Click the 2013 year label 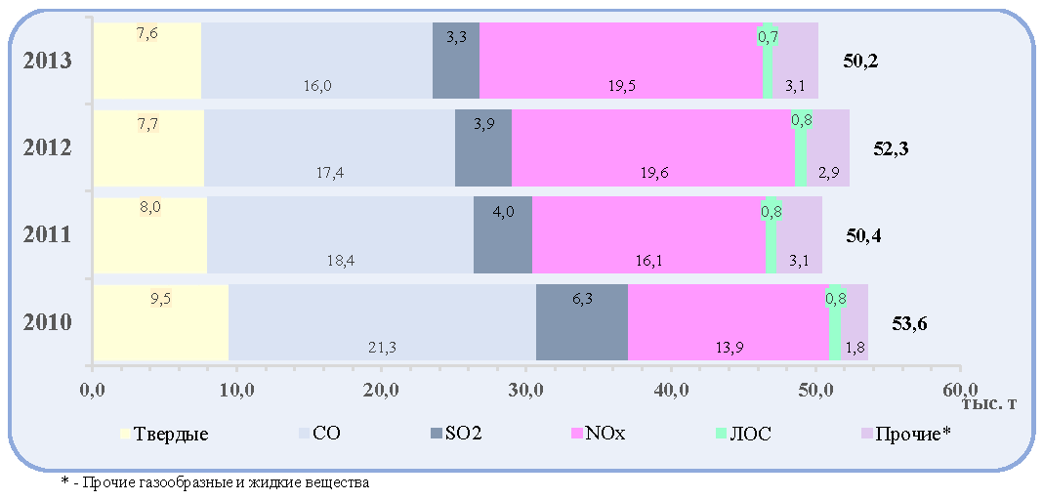click(47, 61)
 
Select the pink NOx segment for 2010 click(729, 322)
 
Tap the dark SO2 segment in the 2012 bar click(482, 147)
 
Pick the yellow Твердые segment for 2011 click(150, 234)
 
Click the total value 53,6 click(909, 324)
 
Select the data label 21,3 click(383, 346)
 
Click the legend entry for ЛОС click(744, 435)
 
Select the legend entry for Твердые click(165, 435)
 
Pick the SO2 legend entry click(457, 435)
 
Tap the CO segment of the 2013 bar click(316, 61)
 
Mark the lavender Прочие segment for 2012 click(828, 147)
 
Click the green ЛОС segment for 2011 click(771, 234)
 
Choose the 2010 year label click(47, 323)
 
